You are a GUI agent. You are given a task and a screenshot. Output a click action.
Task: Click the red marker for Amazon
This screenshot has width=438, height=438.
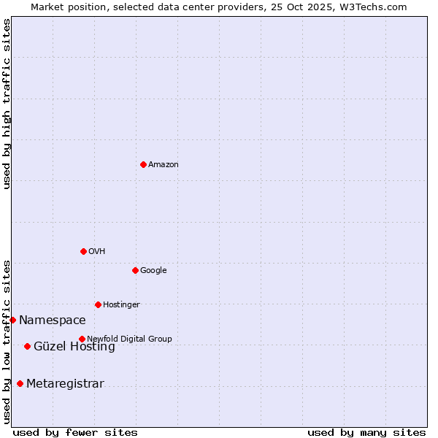(x=143, y=164)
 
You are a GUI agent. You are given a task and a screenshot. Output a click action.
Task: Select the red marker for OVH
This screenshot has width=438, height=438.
(x=83, y=251)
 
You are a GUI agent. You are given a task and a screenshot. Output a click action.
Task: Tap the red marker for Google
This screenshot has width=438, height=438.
(x=135, y=270)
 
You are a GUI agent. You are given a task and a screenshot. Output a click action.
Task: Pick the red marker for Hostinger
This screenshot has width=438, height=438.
(x=98, y=304)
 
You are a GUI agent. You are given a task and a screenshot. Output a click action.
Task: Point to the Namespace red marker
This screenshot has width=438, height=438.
(x=12, y=320)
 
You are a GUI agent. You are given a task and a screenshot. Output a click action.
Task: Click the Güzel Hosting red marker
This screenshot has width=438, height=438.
(x=27, y=346)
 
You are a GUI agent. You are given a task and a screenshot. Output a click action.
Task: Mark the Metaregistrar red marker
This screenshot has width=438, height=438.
(x=20, y=383)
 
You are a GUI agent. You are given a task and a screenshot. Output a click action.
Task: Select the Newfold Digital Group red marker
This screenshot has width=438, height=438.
(x=82, y=339)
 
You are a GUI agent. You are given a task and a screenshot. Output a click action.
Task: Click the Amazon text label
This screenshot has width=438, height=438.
(x=164, y=165)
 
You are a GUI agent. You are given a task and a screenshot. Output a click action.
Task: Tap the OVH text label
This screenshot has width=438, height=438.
(x=97, y=252)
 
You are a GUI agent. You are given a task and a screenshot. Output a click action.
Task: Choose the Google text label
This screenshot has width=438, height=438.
(x=153, y=271)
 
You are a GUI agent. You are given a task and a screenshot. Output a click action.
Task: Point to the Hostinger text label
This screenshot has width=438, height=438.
(x=121, y=305)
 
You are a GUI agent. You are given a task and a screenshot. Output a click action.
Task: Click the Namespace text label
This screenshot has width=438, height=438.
(x=53, y=320)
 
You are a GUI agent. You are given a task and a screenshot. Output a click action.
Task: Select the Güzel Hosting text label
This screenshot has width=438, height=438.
(x=74, y=347)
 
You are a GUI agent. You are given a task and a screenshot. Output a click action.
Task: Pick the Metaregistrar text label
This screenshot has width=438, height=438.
(x=65, y=384)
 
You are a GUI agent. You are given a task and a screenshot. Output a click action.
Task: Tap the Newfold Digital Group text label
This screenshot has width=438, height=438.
(x=129, y=339)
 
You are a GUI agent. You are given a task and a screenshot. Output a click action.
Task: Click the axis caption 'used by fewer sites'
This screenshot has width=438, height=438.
(x=75, y=432)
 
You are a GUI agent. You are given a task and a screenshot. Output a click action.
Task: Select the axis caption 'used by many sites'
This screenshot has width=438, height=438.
(x=366, y=432)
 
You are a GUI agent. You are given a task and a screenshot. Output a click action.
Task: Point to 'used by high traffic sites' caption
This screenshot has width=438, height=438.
(x=7, y=104)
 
